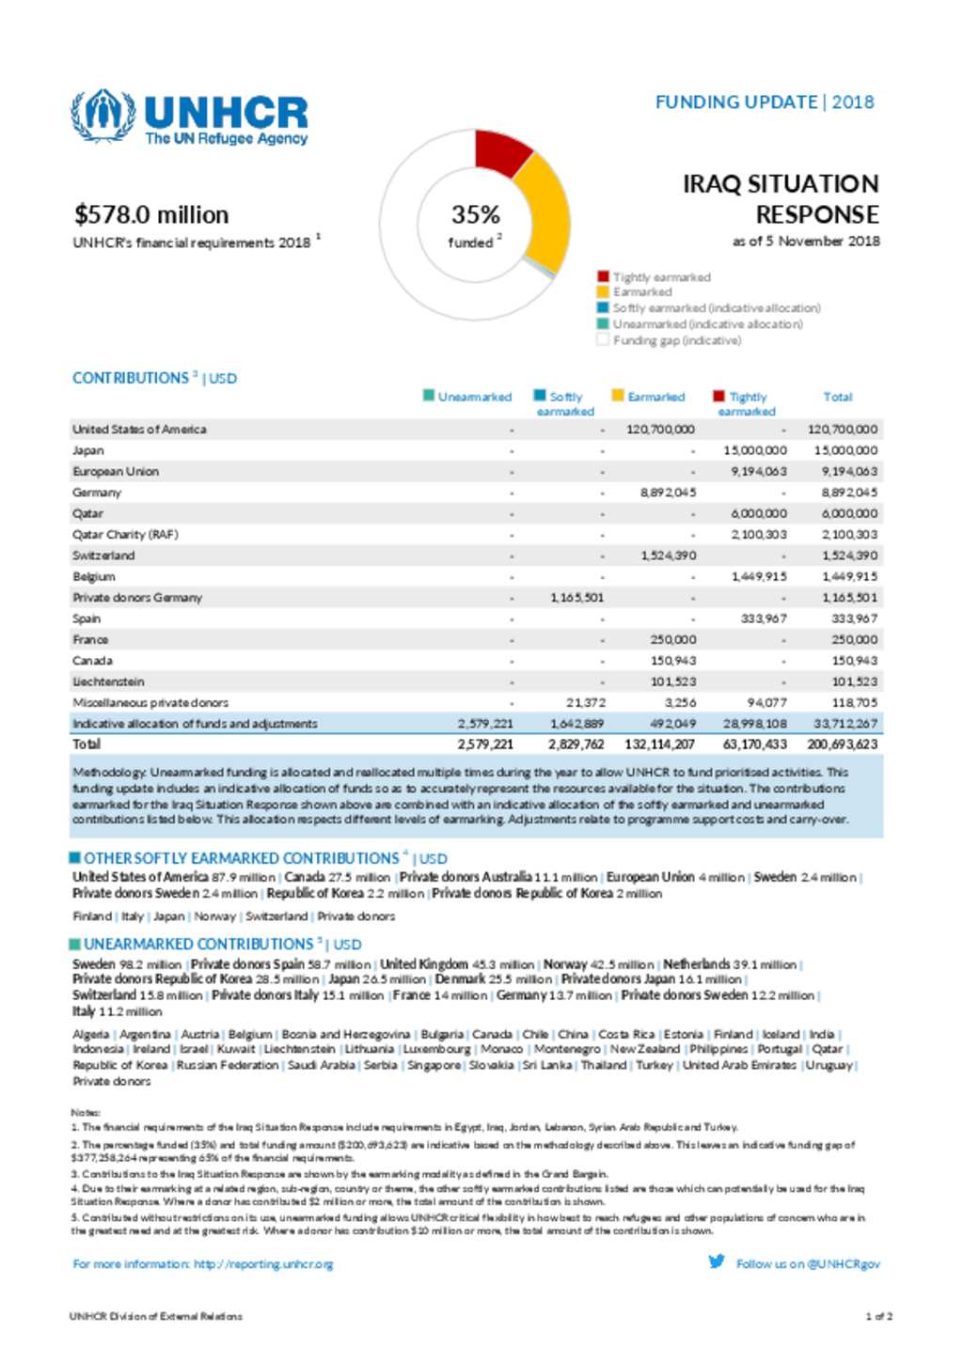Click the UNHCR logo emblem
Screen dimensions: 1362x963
pos(103,116)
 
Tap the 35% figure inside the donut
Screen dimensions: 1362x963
pos(476,215)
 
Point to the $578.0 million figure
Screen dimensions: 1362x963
pos(151,215)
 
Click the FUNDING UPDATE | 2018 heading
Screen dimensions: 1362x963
pos(765,102)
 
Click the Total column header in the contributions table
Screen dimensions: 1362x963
pos(838,398)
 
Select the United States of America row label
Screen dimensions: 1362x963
pos(139,430)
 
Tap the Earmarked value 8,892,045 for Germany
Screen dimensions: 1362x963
pos(669,493)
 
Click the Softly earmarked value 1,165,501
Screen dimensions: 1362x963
pos(576,598)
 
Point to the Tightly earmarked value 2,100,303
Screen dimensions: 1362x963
pos(759,535)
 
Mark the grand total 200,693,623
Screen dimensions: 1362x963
pos(842,744)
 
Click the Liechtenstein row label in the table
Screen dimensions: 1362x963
pos(108,681)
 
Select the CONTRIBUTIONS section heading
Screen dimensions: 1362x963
pos(131,379)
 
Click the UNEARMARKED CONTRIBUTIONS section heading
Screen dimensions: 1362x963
pos(197,944)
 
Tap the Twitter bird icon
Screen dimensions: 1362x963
pos(717,1261)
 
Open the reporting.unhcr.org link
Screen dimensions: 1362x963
pos(263,1264)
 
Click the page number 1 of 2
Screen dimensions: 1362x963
pos(878,1317)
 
